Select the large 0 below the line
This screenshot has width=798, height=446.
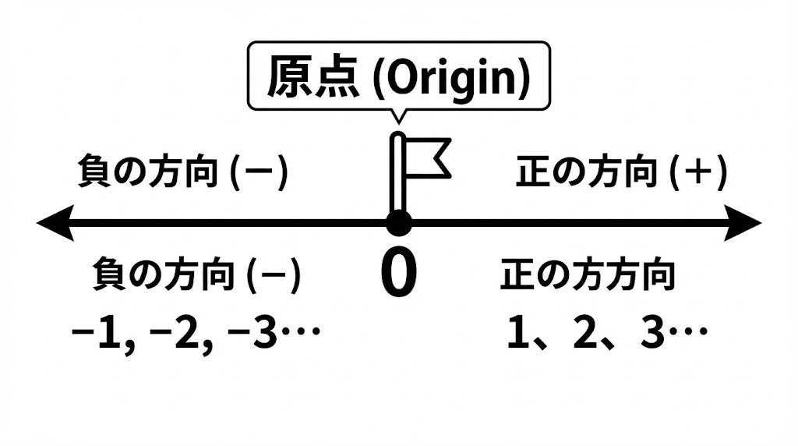click(398, 274)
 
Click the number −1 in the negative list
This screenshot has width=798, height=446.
click(97, 334)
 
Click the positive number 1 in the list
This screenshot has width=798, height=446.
click(515, 334)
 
